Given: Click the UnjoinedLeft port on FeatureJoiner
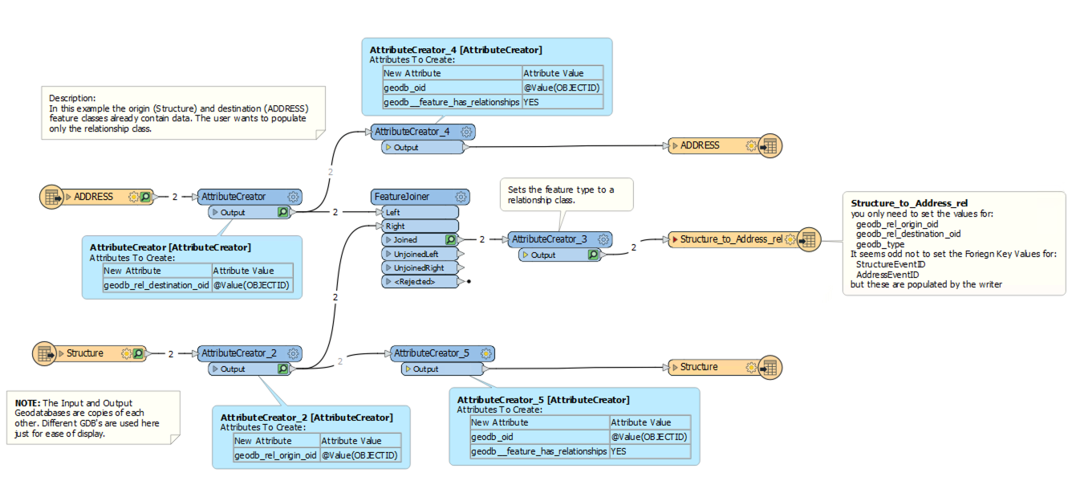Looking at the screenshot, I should pyautogui.click(x=415, y=253).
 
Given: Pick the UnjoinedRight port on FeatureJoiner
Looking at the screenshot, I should pyautogui.click(x=417, y=267).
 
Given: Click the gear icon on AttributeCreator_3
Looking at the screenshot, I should pyautogui.click(x=603, y=239).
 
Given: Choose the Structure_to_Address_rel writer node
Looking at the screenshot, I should pyautogui.click(x=730, y=239).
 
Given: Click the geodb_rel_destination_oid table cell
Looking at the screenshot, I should pyautogui.click(x=157, y=285).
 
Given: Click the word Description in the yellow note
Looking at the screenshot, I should pyautogui.click(x=71, y=98).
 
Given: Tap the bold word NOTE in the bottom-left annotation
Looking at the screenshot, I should pyautogui.click(x=27, y=403).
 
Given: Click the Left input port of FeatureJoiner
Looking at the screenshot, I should pyautogui.click(x=394, y=212).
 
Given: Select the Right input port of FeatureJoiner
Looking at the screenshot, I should pyautogui.click(x=396, y=226).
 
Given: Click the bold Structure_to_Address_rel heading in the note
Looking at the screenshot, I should pyautogui.click(x=903, y=204).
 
